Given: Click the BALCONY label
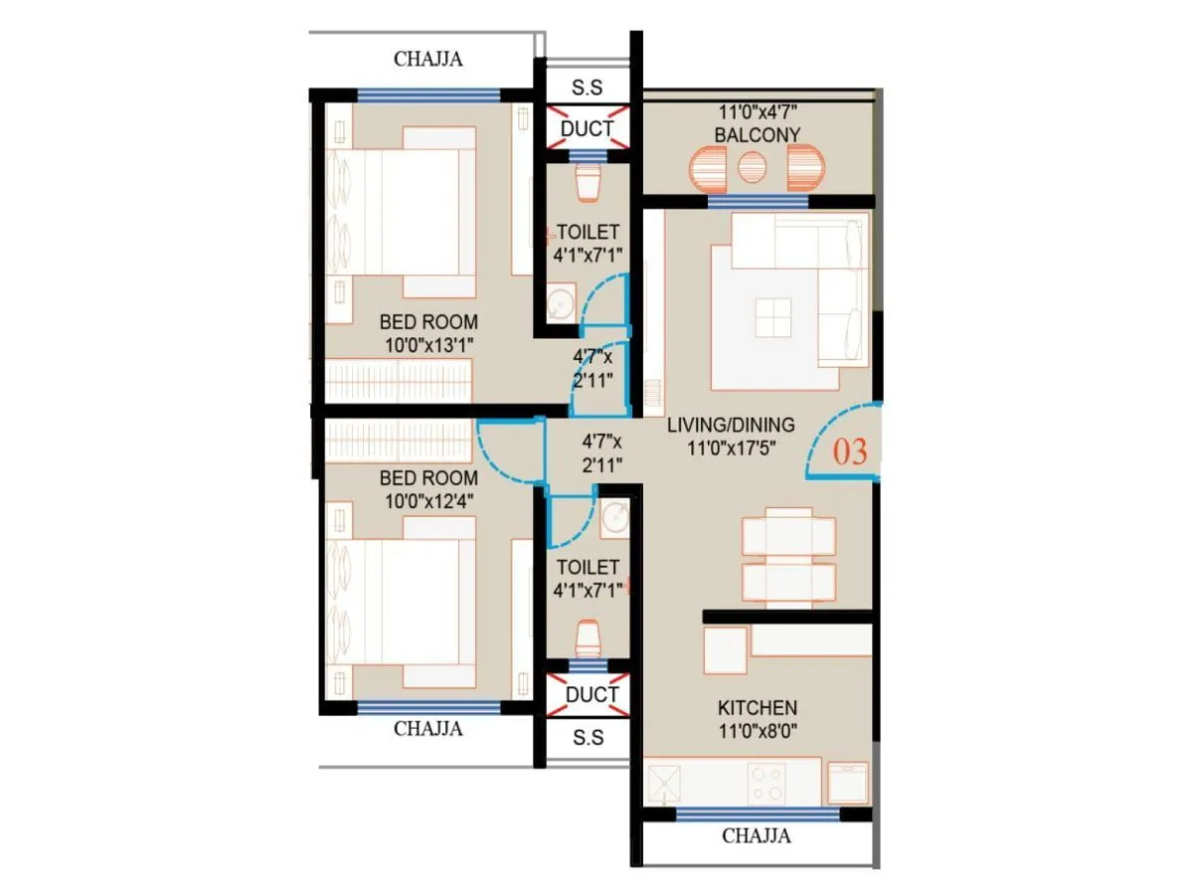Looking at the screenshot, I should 757,134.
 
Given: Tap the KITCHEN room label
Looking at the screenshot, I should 757,708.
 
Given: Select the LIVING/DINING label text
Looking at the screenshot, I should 731,425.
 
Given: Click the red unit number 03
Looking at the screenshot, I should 850,452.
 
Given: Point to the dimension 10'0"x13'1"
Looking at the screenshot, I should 428,344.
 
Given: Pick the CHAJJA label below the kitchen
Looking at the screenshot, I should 757,835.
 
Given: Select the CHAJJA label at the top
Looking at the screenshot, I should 428,59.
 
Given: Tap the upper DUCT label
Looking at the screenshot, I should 588,128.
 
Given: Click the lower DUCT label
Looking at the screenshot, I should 593,693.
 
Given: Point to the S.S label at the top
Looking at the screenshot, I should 588,88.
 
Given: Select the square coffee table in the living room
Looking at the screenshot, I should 772,318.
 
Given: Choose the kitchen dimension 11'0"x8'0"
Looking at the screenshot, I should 757,731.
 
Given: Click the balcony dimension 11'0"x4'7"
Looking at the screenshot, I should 757,113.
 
